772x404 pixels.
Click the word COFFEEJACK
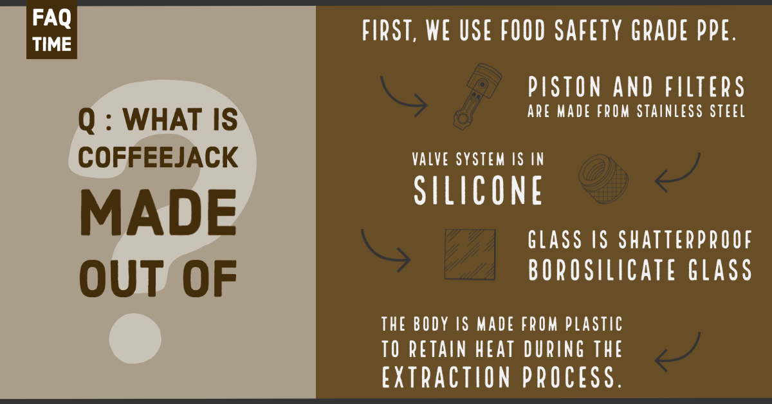coord(158,156)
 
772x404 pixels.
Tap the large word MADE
coord(158,216)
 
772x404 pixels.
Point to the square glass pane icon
coord(470,255)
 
